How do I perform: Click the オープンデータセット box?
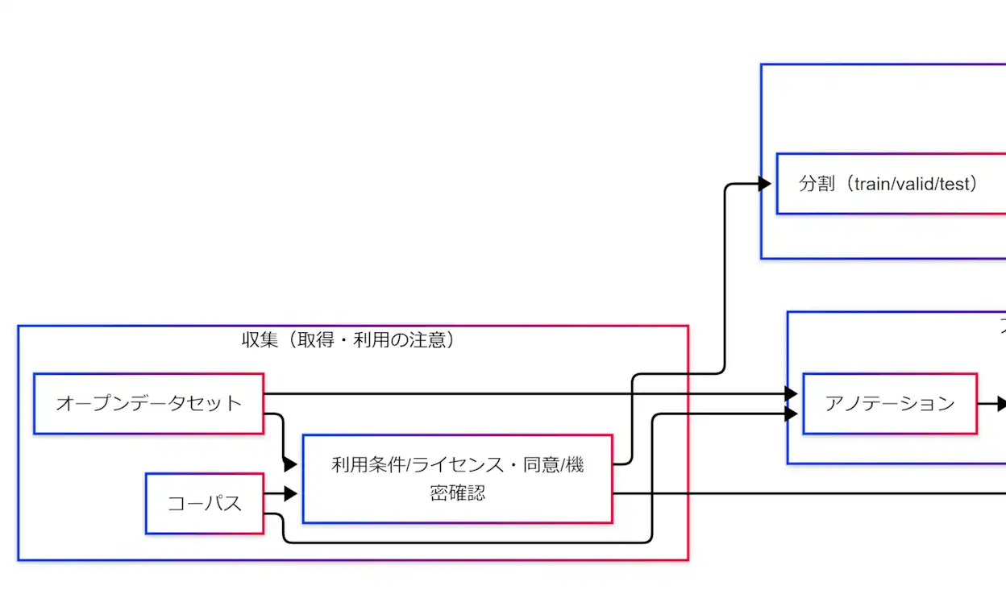coord(149,403)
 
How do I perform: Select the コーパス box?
coord(205,504)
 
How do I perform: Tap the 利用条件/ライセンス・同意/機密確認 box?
coord(457,479)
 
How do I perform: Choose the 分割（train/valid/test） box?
coord(887,184)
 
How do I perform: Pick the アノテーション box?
coord(890,403)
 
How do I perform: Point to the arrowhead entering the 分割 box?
coord(763,184)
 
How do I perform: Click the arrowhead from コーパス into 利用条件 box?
coord(291,494)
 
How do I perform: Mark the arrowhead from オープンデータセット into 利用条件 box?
coord(291,465)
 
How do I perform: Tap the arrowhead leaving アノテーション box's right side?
coord(1000,403)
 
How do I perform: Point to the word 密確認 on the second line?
coord(458,493)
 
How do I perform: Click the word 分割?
coord(816,184)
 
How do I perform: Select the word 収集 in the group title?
coord(260,340)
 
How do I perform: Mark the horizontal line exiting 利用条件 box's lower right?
coord(806,493)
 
